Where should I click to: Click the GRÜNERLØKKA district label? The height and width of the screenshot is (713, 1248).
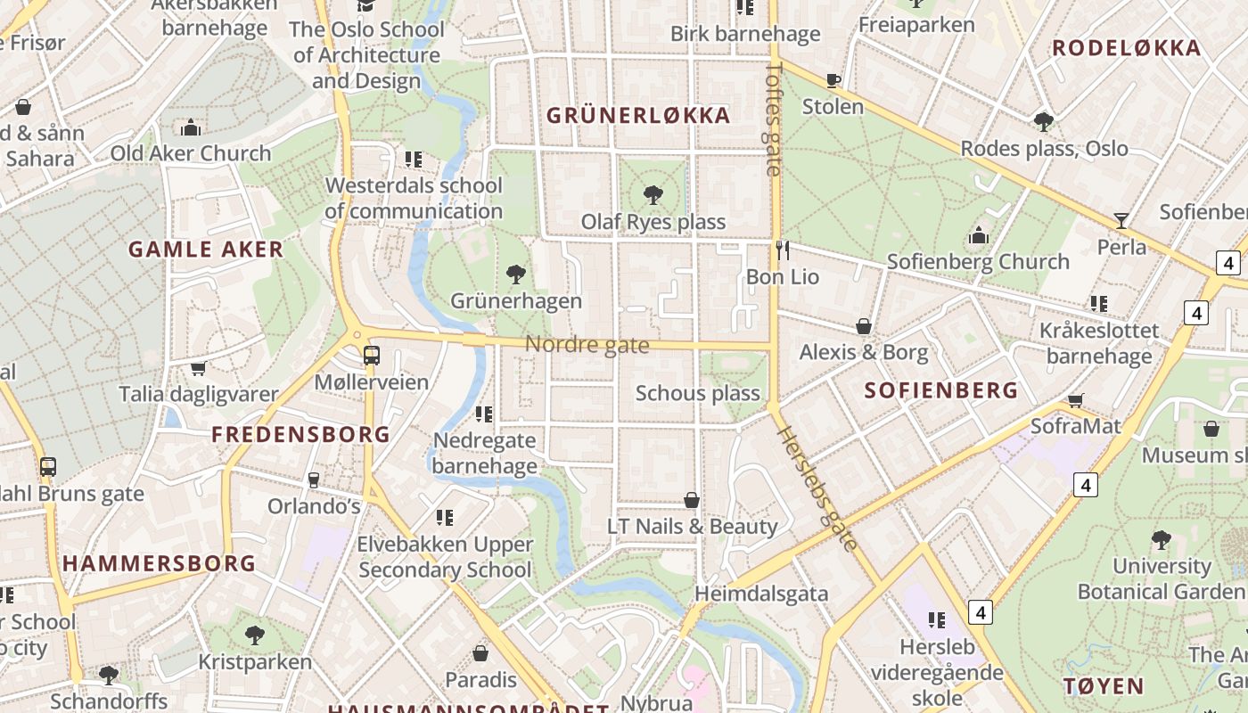pyautogui.click(x=638, y=115)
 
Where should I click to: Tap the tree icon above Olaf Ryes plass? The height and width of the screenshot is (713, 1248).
pyautogui.click(x=653, y=193)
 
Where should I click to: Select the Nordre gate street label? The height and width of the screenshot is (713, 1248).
pyautogui.click(x=587, y=345)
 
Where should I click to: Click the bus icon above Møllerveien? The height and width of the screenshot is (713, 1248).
pyautogui.click(x=371, y=356)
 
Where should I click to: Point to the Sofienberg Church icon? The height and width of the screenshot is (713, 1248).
pyautogui.click(x=979, y=235)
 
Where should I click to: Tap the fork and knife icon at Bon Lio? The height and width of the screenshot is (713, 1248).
pyautogui.click(x=783, y=250)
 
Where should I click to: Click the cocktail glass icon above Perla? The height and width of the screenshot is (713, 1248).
pyautogui.click(x=1121, y=220)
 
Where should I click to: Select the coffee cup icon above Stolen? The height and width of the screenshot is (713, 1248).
pyautogui.click(x=833, y=81)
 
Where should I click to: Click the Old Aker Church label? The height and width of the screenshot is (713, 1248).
pyautogui.click(x=191, y=153)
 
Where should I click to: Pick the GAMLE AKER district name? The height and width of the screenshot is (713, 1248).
pyautogui.click(x=206, y=250)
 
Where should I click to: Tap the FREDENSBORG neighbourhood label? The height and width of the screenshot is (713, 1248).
pyautogui.click(x=300, y=435)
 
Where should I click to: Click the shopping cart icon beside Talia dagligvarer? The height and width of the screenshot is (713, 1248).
pyautogui.click(x=199, y=368)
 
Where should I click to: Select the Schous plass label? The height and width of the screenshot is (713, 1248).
pyautogui.click(x=698, y=393)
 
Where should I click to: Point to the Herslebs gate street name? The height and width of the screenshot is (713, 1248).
pyautogui.click(x=817, y=488)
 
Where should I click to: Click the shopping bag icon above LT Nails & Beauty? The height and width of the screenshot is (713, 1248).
pyautogui.click(x=692, y=500)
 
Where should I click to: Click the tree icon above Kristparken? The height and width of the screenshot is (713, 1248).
pyautogui.click(x=255, y=635)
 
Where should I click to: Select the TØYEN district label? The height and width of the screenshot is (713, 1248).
pyautogui.click(x=1104, y=686)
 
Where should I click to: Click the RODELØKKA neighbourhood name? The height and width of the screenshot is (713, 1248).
pyautogui.click(x=1127, y=48)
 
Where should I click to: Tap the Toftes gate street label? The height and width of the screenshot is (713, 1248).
pyautogui.click(x=773, y=118)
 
